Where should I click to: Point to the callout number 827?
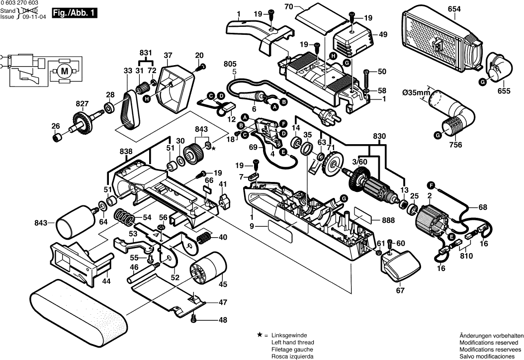(x=82, y=103)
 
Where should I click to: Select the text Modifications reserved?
(x=491, y=343)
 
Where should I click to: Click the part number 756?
(x=456, y=145)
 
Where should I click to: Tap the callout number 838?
(x=126, y=150)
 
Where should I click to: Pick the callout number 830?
(x=379, y=136)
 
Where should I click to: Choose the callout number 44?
(x=105, y=281)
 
